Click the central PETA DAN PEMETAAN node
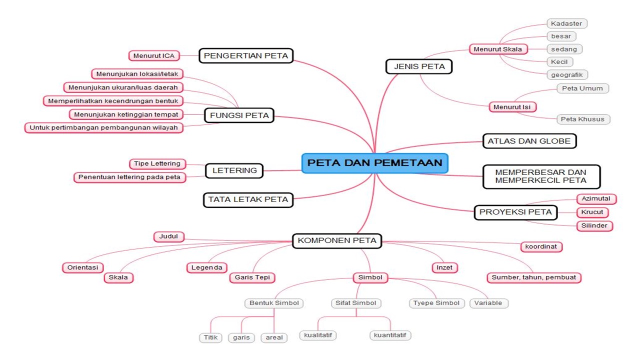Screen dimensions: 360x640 374,163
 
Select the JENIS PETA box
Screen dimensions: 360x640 419,66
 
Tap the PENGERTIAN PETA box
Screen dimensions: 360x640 246,55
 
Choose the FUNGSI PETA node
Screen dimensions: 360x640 239,115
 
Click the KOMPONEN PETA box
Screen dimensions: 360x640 336,240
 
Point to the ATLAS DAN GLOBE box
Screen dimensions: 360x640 529,141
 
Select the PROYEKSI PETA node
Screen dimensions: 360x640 515,212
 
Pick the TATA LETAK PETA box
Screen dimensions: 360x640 248,199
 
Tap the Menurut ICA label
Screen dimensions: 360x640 154,55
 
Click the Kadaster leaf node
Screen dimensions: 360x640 566,23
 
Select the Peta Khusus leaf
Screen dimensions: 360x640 583,119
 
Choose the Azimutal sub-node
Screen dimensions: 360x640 596,198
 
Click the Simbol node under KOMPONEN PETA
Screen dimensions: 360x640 370,277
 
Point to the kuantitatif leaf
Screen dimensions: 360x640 390,335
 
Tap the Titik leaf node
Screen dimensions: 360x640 210,337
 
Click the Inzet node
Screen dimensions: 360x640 444,267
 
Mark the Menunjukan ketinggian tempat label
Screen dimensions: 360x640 126,114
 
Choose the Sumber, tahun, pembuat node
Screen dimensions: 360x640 533,277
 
